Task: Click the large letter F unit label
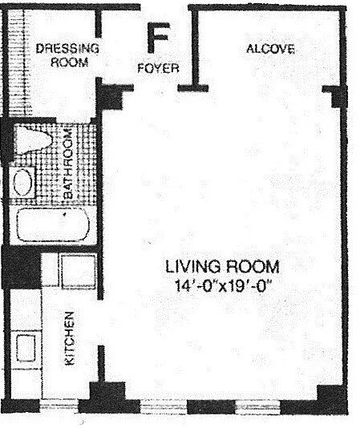158,38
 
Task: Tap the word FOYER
158,68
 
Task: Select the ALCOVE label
270,49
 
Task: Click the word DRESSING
67,49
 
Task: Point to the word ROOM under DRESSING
70,63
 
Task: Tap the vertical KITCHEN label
70,338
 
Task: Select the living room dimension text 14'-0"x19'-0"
224,286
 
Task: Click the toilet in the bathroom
33,140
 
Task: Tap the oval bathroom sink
23,182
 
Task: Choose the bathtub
53,225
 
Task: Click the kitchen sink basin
26,348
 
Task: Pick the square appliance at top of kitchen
78,272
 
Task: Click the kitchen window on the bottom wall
59,406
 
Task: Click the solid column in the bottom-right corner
332,399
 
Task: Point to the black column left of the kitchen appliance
21,267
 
